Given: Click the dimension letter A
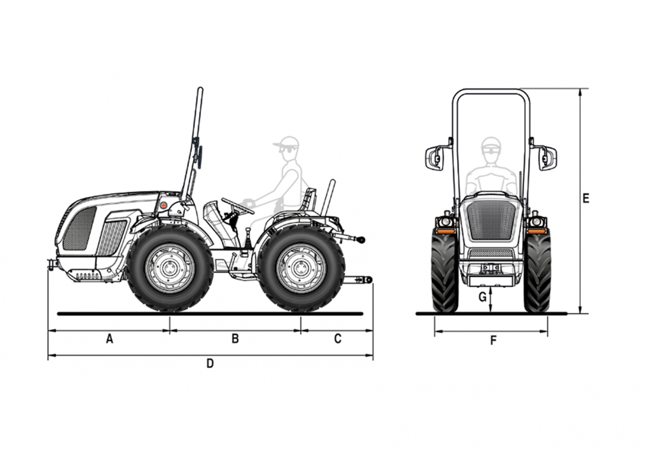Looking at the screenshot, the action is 110,338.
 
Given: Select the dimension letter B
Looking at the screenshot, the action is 235,338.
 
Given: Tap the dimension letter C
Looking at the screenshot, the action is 338,338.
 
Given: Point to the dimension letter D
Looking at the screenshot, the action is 210,364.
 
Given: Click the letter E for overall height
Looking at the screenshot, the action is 586,198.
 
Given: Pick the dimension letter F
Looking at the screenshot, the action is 493,341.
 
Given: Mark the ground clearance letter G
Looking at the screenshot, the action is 483,297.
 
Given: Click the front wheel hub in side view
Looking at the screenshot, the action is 170,268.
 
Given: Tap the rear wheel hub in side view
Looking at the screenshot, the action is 301,268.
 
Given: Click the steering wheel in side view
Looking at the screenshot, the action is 237,206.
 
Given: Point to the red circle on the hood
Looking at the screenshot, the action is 164,205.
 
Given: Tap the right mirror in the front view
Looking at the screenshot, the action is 548,158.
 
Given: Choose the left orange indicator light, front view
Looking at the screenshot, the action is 445,231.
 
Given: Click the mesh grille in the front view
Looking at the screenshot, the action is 491,221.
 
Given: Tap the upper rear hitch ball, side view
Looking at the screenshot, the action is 362,240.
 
